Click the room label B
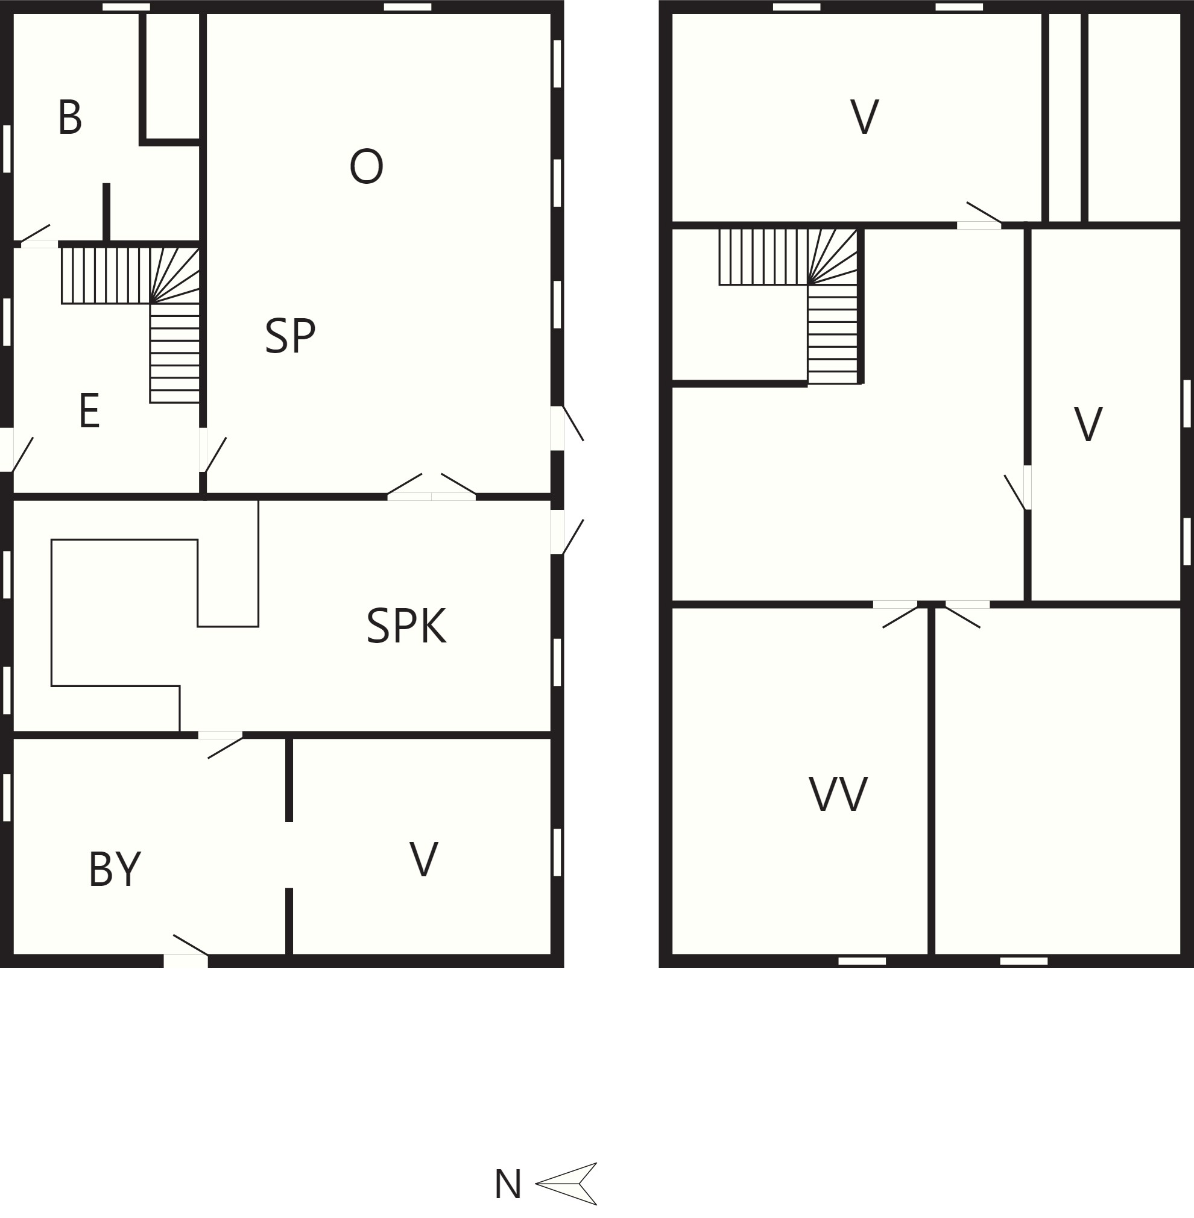tap(69, 118)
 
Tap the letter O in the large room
tap(366, 166)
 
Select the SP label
tap(289, 336)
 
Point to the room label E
tap(90, 411)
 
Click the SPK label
tap(406, 626)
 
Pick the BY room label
tap(115, 869)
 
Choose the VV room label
tap(838, 794)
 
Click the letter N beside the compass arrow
tap(508, 1184)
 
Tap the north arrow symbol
tap(566, 1184)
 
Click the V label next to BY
tap(424, 859)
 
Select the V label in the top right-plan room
tap(865, 116)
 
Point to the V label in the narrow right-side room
tap(1088, 424)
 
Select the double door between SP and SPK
tap(431, 487)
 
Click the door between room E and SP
tap(212, 450)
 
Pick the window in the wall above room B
tap(126, 7)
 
